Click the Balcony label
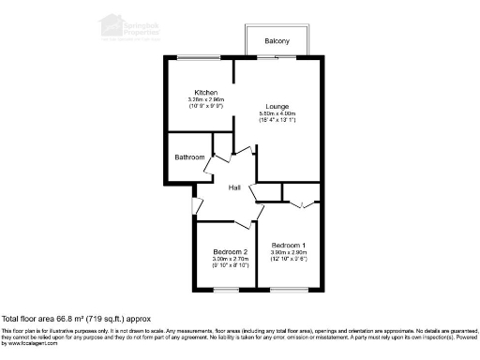coord(276,41)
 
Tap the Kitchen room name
coord(206,92)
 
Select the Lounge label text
coord(276,106)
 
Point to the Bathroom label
coord(189,157)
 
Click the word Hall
coord(236,187)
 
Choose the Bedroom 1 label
coord(289,245)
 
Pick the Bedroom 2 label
coord(230,252)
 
